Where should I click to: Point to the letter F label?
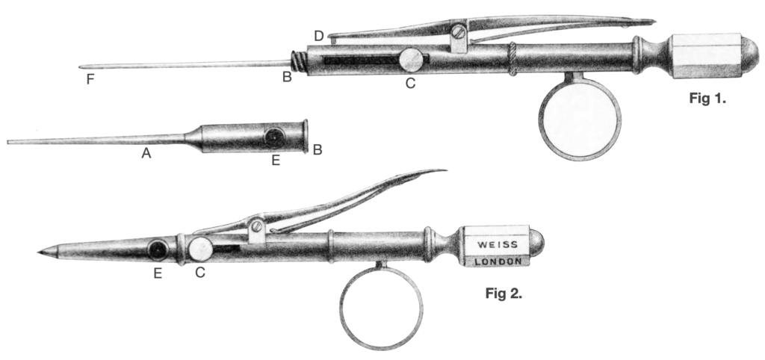(x=90, y=78)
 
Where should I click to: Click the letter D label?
(x=320, y=35)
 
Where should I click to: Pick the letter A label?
(x=147, y=153)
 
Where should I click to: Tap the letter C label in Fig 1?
(x=409, y=83)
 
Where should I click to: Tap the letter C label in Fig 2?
(x=199, y=273)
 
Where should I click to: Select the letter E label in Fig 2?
(x=158, y=273)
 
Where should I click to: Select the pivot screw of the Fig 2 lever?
(x=256, y=225)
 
